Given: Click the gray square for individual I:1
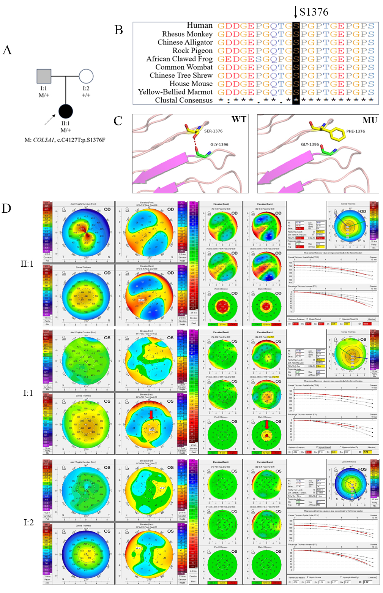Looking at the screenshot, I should click(44, 76).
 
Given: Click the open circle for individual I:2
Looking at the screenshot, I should click(87, 76).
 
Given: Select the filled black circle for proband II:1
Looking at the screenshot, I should click(66, 111).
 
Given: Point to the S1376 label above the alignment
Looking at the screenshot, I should click(314, 12).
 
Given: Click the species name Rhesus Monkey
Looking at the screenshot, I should click(187, 34).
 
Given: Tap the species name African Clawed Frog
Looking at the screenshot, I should click(180, 59).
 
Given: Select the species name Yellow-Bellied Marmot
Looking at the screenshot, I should click(175, 92).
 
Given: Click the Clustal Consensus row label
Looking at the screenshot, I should click(184, 100).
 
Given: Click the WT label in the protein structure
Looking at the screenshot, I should click(239, 120).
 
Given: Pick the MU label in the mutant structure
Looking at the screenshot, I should click(369, 120).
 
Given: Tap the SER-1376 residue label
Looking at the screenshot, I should click(213, 131).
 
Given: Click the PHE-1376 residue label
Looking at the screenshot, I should click(355, 131).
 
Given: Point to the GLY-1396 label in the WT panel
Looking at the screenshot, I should click(219, 145).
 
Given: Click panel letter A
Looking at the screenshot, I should click(7, 50).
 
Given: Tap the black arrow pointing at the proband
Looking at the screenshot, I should click(50, 120).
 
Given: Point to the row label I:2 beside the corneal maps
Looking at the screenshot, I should click(28, 522).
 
